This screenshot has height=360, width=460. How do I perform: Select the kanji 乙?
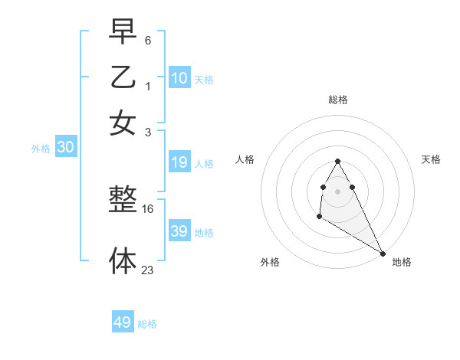[123, 77]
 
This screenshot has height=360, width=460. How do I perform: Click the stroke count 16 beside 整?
[148, 208]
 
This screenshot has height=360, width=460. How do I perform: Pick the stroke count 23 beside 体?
[148, 269]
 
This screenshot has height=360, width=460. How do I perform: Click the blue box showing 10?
[179, 77]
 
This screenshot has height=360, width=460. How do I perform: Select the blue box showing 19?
[179, 162]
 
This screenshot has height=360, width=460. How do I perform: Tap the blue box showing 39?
[179, 231]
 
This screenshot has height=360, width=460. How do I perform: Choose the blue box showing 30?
[65, 148]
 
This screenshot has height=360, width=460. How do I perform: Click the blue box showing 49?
[123, 322]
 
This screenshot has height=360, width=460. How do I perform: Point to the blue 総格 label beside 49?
[147, 324]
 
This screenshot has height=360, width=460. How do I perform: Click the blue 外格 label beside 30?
[41, 149]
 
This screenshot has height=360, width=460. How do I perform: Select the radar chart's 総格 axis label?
[338, 100]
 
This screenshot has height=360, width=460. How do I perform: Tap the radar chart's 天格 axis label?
[431, 159]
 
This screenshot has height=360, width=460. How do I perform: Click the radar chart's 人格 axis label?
[245, 159]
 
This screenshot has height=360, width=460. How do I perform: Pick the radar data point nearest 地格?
[383, 253]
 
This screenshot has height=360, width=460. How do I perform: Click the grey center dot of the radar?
[338, 191]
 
